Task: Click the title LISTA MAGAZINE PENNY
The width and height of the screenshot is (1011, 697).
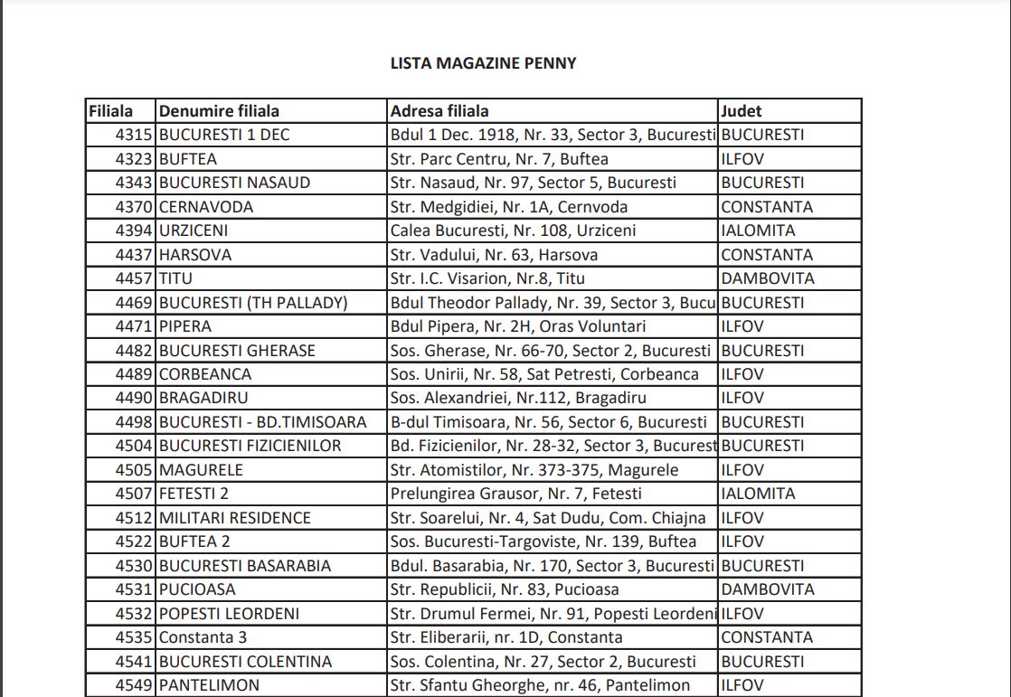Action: (x=483, y=63)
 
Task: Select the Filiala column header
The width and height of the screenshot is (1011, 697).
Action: (x=110, y=111)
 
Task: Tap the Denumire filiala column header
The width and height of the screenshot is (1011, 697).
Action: (x=219, y=111)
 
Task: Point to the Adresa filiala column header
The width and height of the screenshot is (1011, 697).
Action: (x=439, y=111)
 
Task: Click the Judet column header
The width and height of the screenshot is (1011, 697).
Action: (x=742, y=111)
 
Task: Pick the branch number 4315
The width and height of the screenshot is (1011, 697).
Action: (x=135, y=135)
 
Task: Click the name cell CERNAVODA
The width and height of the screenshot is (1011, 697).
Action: (x=206, y=207)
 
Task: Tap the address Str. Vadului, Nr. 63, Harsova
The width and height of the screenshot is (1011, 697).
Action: (x=494, y=255)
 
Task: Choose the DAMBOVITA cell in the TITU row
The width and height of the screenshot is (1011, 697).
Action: (x=768, y=278)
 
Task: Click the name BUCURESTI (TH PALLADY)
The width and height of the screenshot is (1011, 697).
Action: (x=253, y=303)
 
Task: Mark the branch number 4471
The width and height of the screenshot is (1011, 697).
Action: (x=135, y=326)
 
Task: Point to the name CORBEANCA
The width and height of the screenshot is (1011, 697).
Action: (x=205, y=374)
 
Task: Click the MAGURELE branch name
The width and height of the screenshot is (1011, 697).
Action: (x=201, y=470)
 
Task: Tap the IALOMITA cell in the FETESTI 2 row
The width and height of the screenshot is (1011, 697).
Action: (x=758, y=494)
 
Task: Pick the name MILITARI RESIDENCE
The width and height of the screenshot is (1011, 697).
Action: (x=235, y=518)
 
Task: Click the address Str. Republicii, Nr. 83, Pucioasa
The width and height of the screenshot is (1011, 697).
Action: (x=505, y=589)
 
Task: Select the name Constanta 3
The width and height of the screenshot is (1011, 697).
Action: (x=203, y=637)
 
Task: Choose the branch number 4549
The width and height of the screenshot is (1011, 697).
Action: (x=135, y=685)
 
